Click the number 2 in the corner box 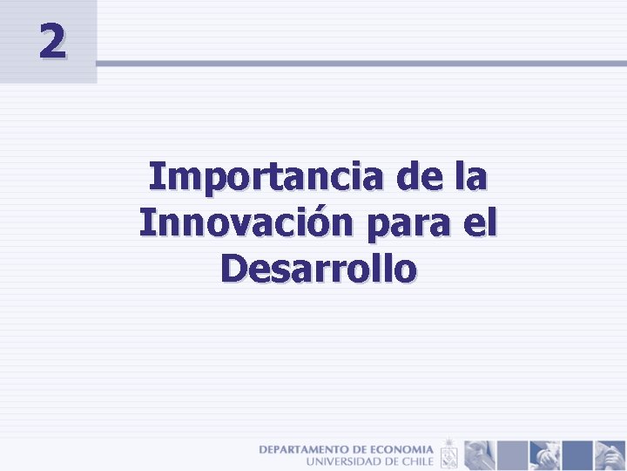pos(51,41)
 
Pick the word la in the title pos(469,177)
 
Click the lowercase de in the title pos(418,177)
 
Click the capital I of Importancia pos(154,177)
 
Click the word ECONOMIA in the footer pos(401,448)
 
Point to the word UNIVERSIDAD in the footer pos(345,460)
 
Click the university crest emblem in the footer pos(448,454)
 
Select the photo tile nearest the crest pos(479,454)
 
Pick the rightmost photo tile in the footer pos(609,454)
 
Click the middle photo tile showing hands pos(544,454)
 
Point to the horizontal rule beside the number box pos(361,64)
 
